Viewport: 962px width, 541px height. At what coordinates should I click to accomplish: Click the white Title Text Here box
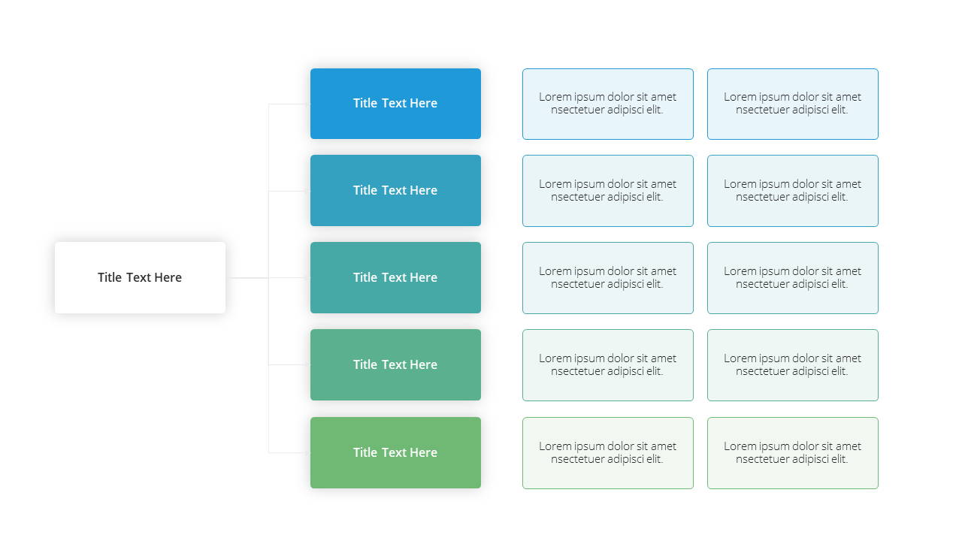(x=140, y=277)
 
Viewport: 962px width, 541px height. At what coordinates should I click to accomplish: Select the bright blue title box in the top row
(x=395, y=104)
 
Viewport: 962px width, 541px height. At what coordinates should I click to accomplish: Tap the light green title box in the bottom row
(x=395, y=452)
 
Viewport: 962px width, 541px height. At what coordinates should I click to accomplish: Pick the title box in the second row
(x=395, y=191)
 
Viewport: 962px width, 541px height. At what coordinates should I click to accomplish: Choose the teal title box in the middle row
(x=395, y=277)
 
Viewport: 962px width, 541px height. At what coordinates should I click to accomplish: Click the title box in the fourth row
(x=395, y=364)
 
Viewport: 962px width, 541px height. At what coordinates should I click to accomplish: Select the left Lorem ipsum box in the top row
(x=608, y=104)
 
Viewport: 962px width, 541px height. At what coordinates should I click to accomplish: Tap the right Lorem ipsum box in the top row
(x=793, y=104)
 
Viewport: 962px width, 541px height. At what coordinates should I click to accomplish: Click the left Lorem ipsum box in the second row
(x=608, y=191)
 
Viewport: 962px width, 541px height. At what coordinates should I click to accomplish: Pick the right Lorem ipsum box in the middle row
(x=793, y=278)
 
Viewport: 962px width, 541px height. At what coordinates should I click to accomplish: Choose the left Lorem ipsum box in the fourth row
(x=608, y=365)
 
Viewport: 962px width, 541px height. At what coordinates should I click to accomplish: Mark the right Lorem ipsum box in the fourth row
(x=793, y=365)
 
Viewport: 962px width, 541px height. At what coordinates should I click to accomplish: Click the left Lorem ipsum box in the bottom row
(x=608, y=453)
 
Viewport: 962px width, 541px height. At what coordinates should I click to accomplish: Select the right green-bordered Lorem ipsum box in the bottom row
(x=793, y=453)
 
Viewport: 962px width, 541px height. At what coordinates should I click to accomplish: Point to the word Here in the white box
(x=168, y=277)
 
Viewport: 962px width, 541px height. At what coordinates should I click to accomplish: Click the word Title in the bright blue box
(x=365, y=103)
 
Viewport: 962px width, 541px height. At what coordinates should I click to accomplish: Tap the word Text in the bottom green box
(x=394, y=452)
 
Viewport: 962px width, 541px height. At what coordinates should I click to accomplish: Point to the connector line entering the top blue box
(x=289, y=104)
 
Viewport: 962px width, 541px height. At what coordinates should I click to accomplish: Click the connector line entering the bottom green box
(x=289, y=452)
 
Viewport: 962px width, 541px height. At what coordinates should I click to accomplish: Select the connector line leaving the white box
(x=247, y=278)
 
